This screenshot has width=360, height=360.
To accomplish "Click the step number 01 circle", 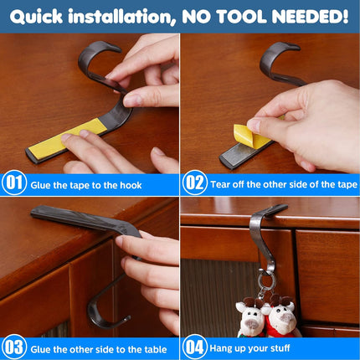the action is [14, 183].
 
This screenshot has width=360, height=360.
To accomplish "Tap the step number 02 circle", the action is [195, 183].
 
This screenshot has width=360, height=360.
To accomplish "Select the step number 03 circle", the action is [14, 347].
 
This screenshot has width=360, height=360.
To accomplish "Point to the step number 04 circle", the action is [195, 347].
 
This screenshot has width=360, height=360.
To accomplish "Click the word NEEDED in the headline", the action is [310, 17].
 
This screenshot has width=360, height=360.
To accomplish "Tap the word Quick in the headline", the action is [36, 17].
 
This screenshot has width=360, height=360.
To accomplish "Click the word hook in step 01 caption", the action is [131, 185].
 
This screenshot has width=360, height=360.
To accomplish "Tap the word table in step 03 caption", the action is [156, 349].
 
